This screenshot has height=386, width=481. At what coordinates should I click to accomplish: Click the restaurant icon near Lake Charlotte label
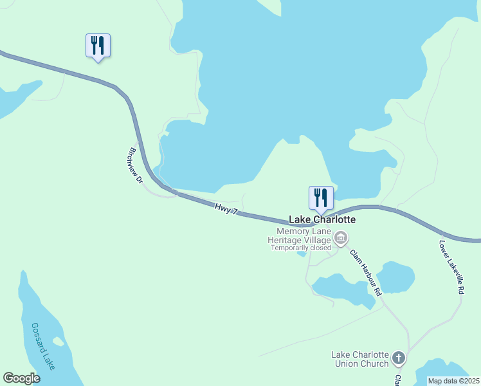(x=321, y=198)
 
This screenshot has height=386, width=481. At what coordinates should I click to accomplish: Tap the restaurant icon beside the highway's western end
(x=98, y=45)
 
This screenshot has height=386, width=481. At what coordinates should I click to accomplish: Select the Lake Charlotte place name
(x=322, y=219)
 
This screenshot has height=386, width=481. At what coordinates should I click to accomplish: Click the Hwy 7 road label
(x=226, y=208)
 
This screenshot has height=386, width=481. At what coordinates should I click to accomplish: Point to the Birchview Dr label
(x=135, y=167)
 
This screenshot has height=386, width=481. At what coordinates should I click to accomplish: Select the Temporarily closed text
(x=301, y=248)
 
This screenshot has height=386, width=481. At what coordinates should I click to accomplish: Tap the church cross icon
(x=399, y=358)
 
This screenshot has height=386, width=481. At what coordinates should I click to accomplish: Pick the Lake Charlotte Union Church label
(x=360, y=359)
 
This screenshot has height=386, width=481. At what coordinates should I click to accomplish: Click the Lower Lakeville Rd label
(x=451, y=268)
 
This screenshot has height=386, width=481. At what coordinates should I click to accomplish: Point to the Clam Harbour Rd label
(x=365, y=272)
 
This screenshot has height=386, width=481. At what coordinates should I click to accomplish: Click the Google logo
(x=22, y=378)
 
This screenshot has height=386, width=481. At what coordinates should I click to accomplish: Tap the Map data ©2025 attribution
(x=454, y=381)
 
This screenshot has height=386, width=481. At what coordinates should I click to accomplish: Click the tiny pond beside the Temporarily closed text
(x=301, y=254)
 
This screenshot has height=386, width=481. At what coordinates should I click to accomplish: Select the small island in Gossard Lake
(x=59, y=341)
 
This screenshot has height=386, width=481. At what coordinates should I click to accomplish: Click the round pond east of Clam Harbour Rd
(x=395, y=277)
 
